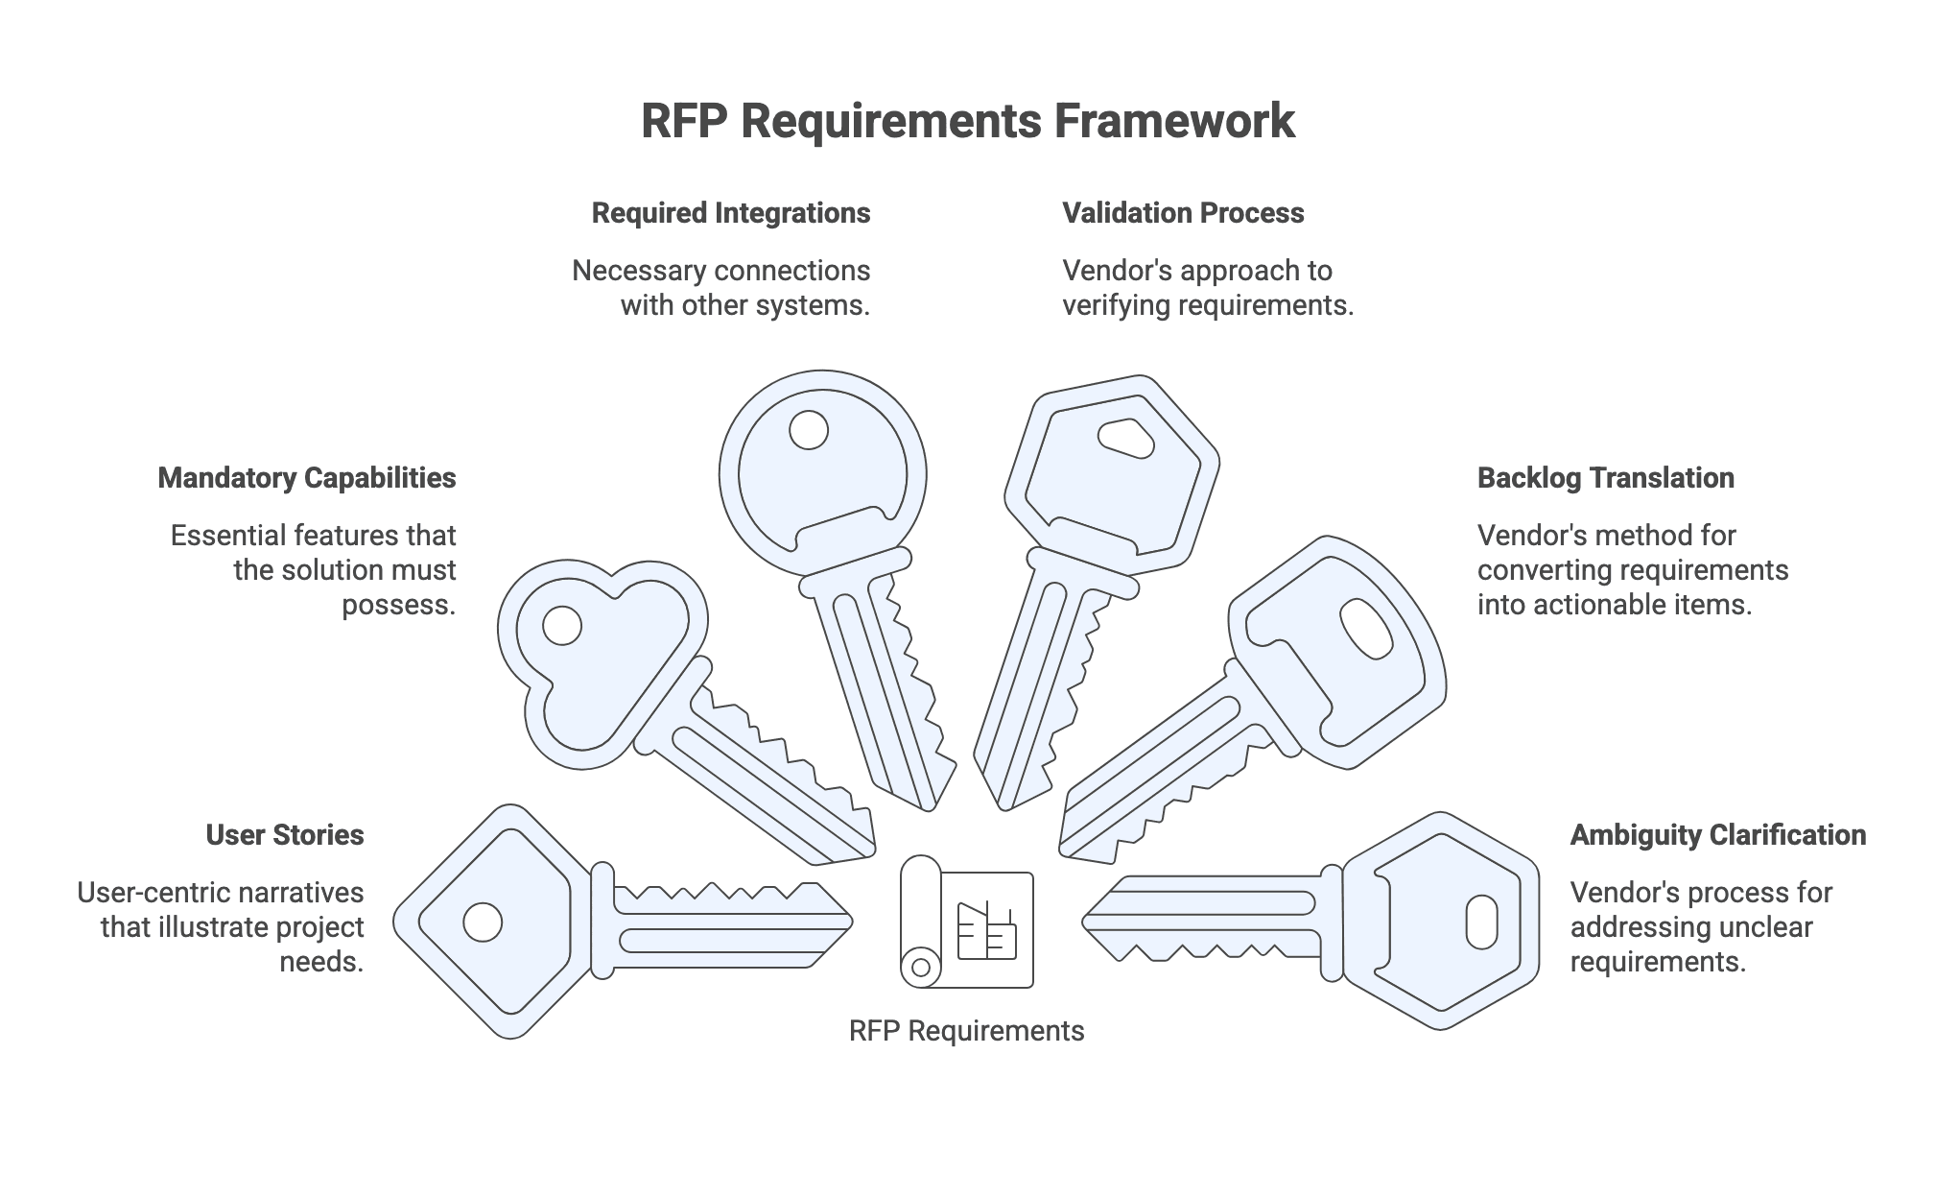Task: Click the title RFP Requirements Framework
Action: pos(967,122)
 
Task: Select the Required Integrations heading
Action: pos(730,213)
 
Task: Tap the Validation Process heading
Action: pos(1183,213)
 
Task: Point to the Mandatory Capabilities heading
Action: pos(307,478)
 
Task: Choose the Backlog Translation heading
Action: pos(1605,478)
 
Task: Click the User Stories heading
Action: pos(285,835)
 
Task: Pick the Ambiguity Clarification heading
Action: pos(1717,835)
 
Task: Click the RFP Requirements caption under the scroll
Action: pos(966,1031)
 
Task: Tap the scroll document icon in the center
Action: pos(966,922)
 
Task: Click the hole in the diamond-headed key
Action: pos(483,922)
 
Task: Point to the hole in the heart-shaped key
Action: pos(562,626)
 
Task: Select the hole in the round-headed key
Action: pos(808,430)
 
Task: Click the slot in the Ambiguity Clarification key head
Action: pos(1481,922)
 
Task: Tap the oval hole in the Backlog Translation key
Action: pos(1366,630)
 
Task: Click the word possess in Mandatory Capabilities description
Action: pos(397,606)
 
